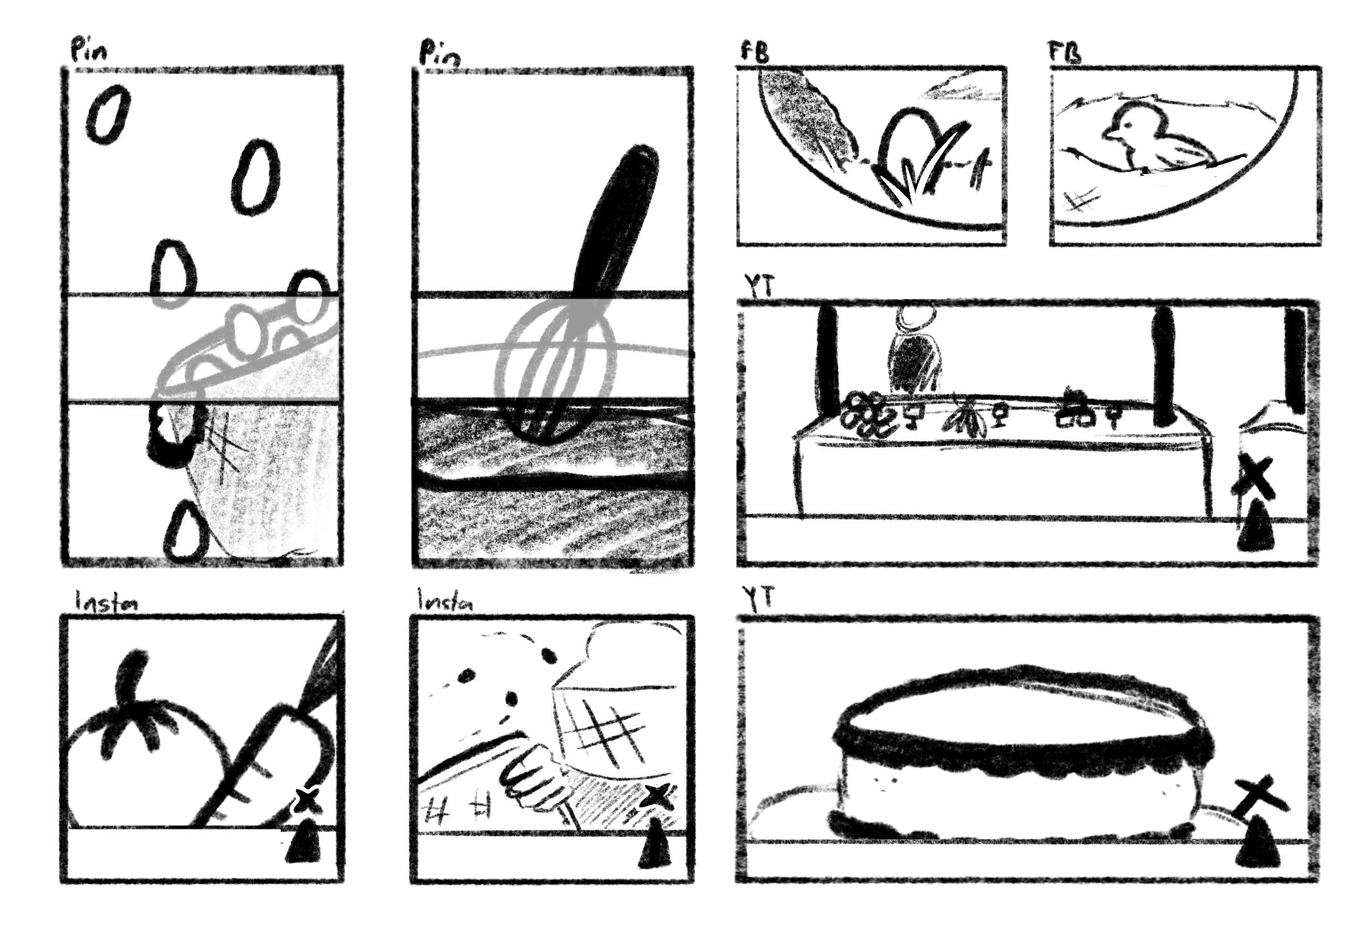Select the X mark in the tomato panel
pos(307,801)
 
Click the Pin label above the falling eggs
pos(89,50)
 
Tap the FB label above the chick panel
pos(1065,52)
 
